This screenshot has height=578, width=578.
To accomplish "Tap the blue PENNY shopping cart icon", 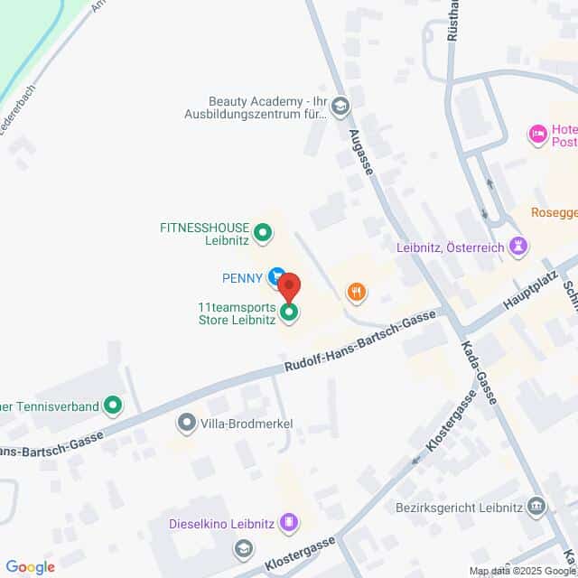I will click(x=276, y=277).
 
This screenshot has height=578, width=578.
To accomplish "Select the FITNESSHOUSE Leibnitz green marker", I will click(x=263, y=234).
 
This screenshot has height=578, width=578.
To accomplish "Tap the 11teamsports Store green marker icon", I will click(x=289, y=313).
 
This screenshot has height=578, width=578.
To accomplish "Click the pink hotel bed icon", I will click(x=538, y=135).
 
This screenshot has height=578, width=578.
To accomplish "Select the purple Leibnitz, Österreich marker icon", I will click(x=518, y=246).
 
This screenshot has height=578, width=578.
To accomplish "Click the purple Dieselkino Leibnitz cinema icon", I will click(x=288, y=521).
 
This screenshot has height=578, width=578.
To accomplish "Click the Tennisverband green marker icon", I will click(x=113, y=406).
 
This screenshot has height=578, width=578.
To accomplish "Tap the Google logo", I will click(x=30, y=567).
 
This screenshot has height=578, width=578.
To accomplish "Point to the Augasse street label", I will click(x=360, y=153).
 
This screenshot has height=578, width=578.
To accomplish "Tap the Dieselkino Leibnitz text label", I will click(x=223, y=522).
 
